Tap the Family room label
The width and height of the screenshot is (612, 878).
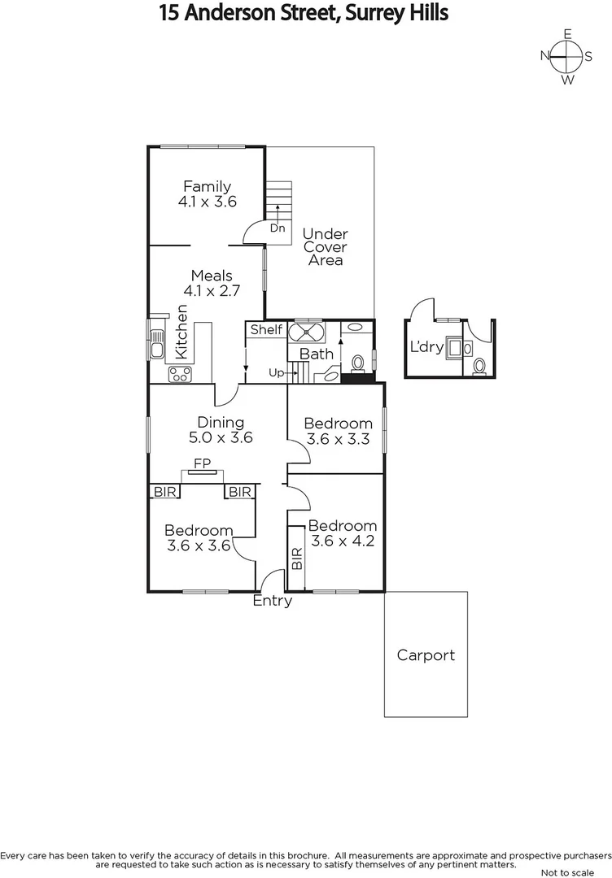click(x=207, y=194)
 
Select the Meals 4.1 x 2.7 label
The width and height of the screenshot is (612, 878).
click(x=211, y=283)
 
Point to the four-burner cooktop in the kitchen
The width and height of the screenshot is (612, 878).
click(x=180, y=374)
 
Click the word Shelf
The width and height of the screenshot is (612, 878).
click(x=266, y=330)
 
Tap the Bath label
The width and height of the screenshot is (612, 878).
click(x=316, y=354)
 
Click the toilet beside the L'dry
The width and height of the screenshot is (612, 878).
click(x=479, y=367)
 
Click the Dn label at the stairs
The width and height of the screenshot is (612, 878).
click(x=278, y=228)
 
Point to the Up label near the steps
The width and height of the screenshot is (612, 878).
click(x=277, y=373)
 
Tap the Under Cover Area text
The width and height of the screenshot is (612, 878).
click(x=325, y=247)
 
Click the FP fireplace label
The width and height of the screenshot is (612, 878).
click(x=201, y=463)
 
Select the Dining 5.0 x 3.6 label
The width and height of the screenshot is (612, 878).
click(x=221, y=429)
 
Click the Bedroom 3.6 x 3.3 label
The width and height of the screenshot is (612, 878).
click(x=338, y=431)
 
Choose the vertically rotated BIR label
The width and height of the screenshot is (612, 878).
click(x=296, y=558)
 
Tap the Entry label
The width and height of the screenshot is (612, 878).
click(x=272, y=602)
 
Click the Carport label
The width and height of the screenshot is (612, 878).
click(x=426, y=655)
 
